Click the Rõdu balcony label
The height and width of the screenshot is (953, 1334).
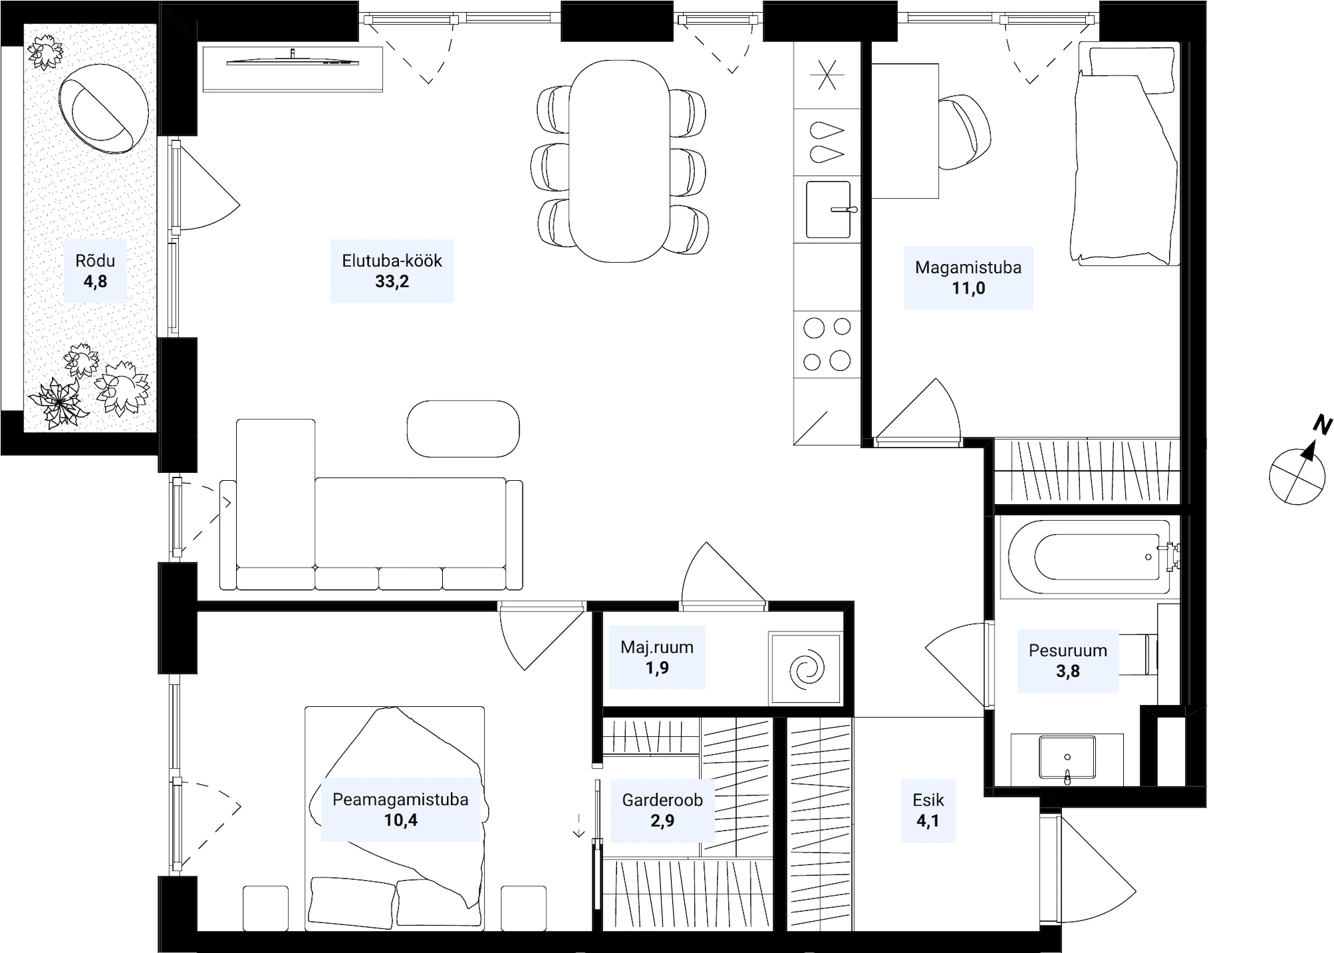tap(95, 261)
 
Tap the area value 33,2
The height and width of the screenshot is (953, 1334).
tap(392, 281)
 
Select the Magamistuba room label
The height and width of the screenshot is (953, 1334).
tap(968, 267)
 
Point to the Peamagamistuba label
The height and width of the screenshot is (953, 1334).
tap(400, 800)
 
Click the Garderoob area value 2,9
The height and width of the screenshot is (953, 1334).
tap(662, 820)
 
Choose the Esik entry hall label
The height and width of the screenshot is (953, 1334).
tap(928, 800)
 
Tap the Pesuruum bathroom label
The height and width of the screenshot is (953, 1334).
tap(1068, 650)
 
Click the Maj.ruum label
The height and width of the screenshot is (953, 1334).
tap(657, 647)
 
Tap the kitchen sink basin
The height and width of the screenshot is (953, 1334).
tap(828, 209)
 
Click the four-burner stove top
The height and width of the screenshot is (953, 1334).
tap(827, 344)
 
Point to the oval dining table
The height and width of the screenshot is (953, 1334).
tap(620, 161)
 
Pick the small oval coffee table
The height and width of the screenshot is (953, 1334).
tap(463, 429)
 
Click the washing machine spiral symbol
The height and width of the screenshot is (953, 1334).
tap(806, 669)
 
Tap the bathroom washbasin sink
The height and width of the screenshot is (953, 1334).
tap(1067, 758)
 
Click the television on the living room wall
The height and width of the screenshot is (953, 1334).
tap(293, 62)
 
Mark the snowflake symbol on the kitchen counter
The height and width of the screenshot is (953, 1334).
tap(827, 75)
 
